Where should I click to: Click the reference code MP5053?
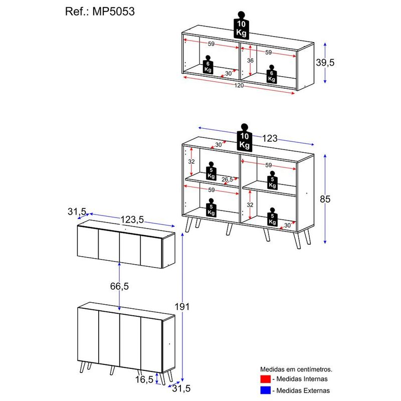[x=113, y=12]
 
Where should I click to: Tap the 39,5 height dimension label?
[x=325, y=62]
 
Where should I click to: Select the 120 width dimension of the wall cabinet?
[x=239, y=85]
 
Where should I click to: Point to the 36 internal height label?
[x=250, y=60]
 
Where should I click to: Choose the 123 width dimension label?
[x=270, y=138]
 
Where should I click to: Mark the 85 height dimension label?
[x=325, y=199]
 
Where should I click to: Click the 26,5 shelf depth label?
[x=227, y=179]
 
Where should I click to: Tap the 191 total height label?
[x=182, y=306]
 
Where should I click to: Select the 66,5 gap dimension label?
[x=119, y=286]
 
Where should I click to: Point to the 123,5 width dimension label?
[x=132, y=220]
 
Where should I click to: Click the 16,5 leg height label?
[x=144, y=379]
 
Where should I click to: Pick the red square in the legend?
[x=266, y=379]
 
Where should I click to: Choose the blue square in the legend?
[x=266, y=390]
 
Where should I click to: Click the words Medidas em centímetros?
[x=296, y=369]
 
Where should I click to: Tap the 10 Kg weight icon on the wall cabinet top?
[x=241, y=26]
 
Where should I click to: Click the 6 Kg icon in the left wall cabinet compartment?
[x=208, y=65]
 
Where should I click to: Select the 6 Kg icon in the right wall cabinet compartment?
[x=272, y=74]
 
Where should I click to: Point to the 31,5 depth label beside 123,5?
[x=77, y=212]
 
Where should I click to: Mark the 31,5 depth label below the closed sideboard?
[x=181, y=388]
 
